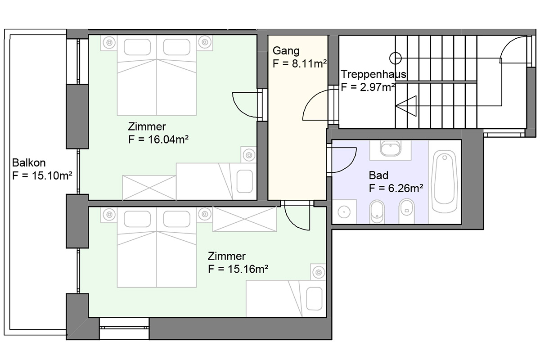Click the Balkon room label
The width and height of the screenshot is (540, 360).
click(x=29, y=163)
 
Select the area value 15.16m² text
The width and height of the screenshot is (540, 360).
click(x=248, y=269)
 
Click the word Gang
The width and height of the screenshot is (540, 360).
click(x=286, y=51)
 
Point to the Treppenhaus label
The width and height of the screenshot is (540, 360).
click(x=373, y=74)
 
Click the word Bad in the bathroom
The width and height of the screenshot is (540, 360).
click(x=378, y=175)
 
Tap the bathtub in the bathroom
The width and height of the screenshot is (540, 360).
click(x=444, y=182)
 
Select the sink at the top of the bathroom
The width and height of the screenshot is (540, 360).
click(x=390, y=149)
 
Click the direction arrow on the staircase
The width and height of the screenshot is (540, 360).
click(x=406, y=106)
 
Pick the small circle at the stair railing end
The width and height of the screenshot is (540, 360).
click(x=396, y=58)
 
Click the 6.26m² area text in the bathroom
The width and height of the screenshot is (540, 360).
click(x=405, y=188)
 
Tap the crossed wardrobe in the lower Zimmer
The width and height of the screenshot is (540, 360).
click(x=244, y=219)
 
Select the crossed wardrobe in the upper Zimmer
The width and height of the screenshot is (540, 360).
click(x=149, y=188)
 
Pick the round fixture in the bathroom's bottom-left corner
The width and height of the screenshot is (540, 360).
click(x=344, y=212)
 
